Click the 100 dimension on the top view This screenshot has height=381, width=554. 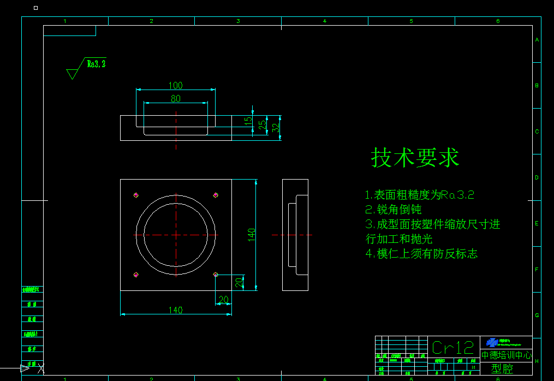coord(175,85)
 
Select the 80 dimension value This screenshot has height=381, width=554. coord(175,99)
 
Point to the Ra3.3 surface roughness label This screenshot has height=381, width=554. coord(96,64)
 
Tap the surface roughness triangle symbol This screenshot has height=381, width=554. coord(72,73)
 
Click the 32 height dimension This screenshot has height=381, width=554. coord(276,128)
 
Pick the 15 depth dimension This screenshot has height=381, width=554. coord(248,120)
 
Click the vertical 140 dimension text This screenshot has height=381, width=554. coord(252,235)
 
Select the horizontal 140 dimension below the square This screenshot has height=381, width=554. coord(175,310)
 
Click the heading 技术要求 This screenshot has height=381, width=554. coord(415,158)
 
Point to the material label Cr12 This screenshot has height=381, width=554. coord(452,347)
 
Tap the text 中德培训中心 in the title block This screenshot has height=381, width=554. coord(506,355)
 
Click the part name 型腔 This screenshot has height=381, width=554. coord(502,369)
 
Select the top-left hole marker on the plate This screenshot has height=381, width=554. coord(136,195)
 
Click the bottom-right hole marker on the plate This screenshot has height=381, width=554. coord(216,275)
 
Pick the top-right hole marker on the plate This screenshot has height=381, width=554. coord(216,195)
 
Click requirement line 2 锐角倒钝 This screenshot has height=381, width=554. coord(393,209)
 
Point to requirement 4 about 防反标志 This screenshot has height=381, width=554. coord(421,253)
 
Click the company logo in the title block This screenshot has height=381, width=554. coord(492,342)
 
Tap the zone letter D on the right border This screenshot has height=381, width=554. coord(537,177)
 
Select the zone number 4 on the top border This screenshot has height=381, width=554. coord(324,21)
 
